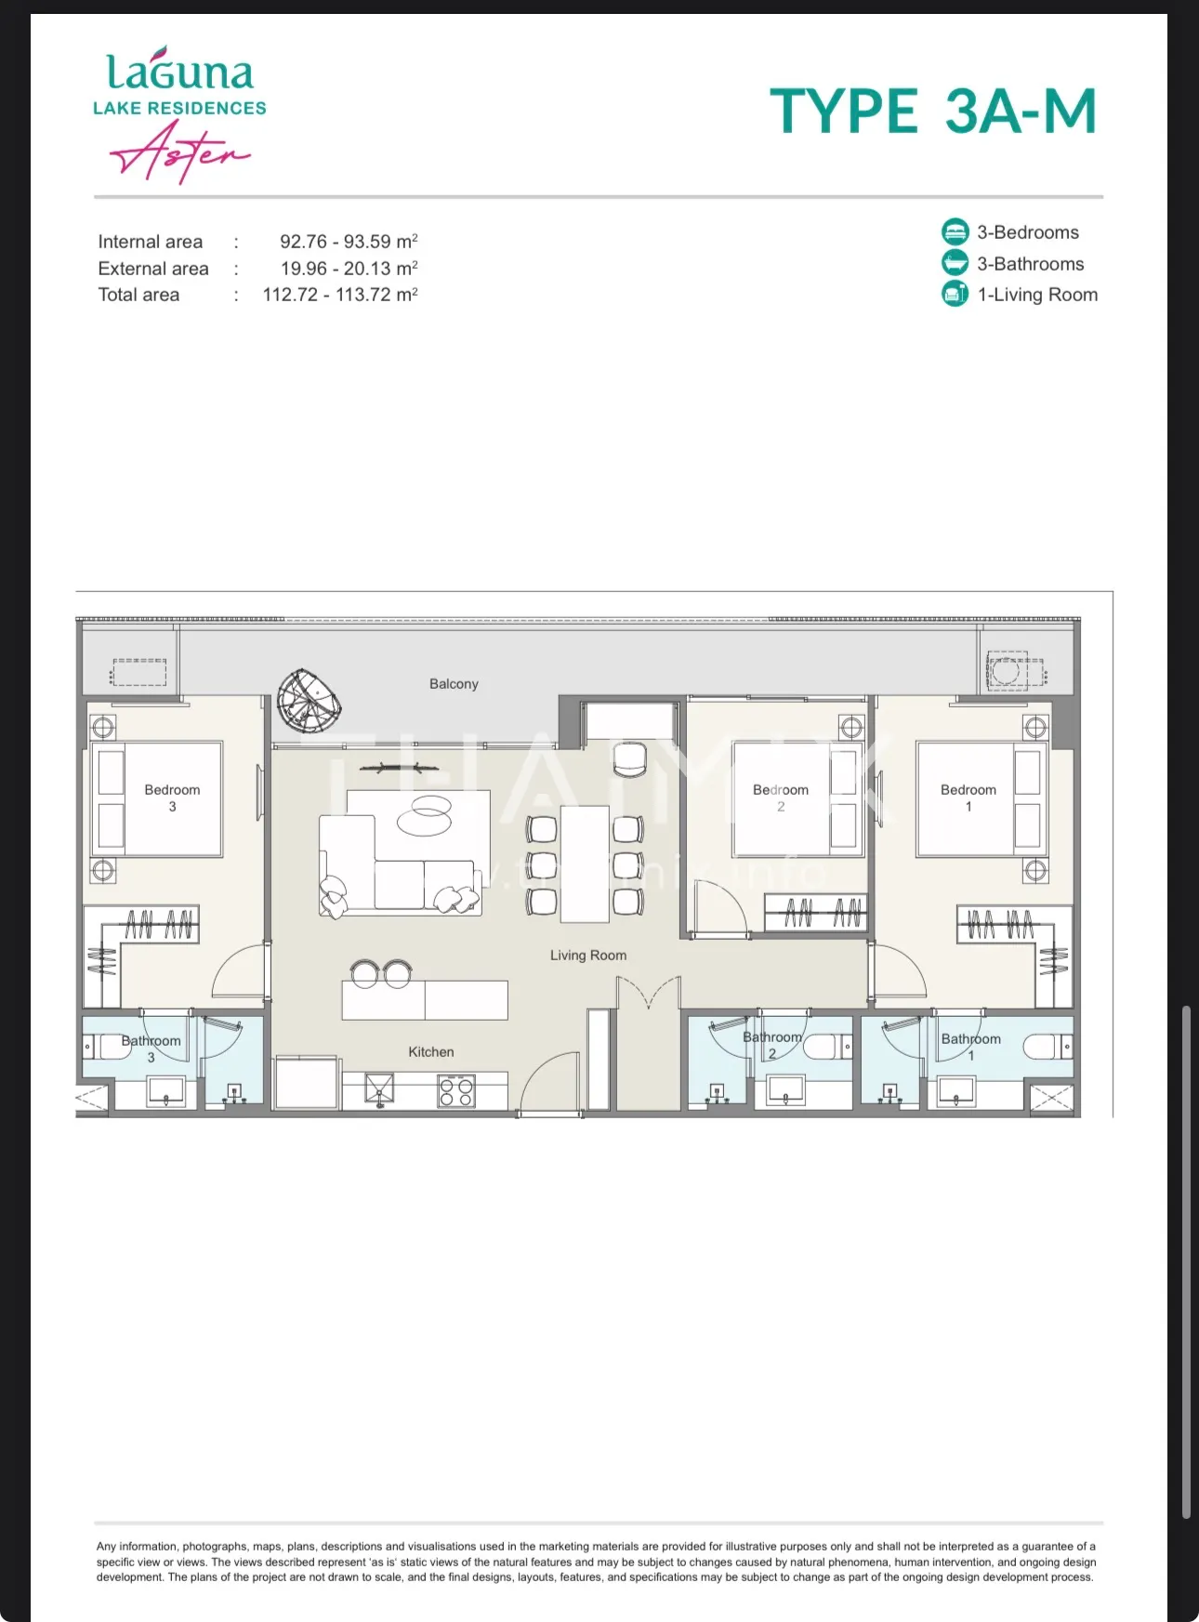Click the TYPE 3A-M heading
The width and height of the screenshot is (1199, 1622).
click(933, 112)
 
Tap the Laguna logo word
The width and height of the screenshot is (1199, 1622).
click(179, 70)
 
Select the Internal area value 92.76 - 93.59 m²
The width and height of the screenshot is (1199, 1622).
click(349, 242)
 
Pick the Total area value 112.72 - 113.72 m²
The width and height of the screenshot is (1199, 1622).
click(340, 295)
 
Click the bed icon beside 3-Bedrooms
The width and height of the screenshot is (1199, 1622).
click(955, 231)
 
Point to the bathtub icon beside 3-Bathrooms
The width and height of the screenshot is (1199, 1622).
click(955, 263)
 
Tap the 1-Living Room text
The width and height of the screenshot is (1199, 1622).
click(1037, 295)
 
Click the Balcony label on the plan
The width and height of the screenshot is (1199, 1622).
click(454, 684)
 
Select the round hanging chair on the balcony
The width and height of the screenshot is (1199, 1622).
click(310, 702)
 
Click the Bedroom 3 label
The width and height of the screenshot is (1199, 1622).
click(172, 798)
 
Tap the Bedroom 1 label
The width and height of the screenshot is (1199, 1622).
click(968, 798)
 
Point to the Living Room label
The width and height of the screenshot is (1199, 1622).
click(588, 956)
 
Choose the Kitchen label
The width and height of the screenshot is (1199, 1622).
click(431, 1052)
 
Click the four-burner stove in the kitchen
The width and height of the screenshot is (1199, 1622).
click(456, 1091)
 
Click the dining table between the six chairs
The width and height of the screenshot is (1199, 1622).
click(586, 864)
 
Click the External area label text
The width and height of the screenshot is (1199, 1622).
click(153, 269)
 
